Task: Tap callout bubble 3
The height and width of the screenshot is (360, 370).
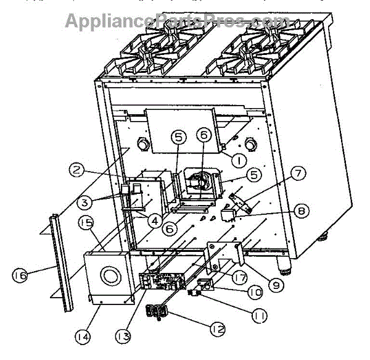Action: coord(87,202)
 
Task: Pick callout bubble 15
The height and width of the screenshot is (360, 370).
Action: coord(86,222)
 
